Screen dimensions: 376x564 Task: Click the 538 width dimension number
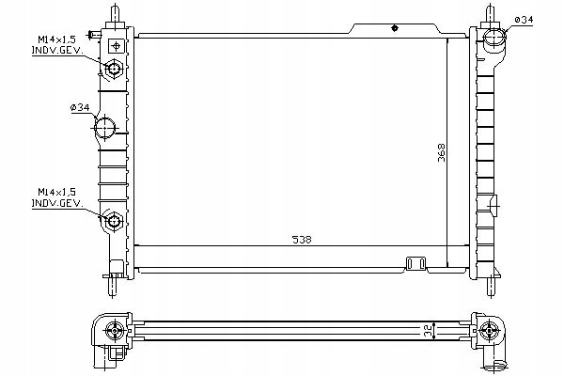302,239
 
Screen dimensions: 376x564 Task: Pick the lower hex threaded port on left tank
113,222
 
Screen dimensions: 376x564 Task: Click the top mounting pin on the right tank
490,15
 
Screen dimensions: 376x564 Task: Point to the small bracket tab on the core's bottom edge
415,263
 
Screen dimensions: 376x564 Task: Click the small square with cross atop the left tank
115,44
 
